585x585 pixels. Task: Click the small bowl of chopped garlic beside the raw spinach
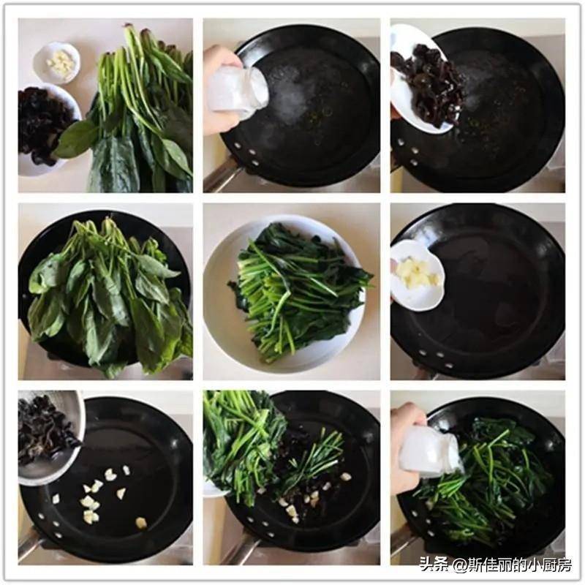(57, 62)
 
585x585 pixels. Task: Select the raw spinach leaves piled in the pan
(108, 295)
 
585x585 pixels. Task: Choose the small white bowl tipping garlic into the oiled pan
(417, 274)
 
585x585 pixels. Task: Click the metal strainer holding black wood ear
(50, 437)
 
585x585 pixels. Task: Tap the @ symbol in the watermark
(460, 565)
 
